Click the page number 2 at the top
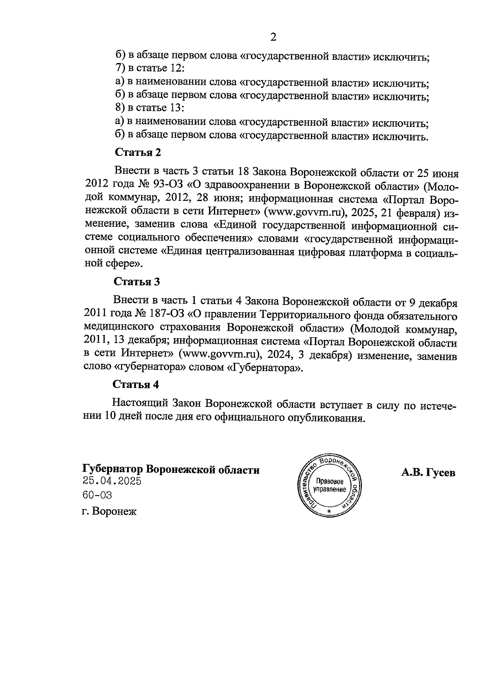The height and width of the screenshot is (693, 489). [273, 37]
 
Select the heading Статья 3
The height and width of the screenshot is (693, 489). [137, 282]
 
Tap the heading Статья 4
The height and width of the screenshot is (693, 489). [136, 385]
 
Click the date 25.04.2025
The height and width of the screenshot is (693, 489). [112, 481]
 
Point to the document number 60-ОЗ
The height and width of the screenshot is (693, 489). [97, 495]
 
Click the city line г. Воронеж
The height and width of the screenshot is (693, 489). [109, 511]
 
